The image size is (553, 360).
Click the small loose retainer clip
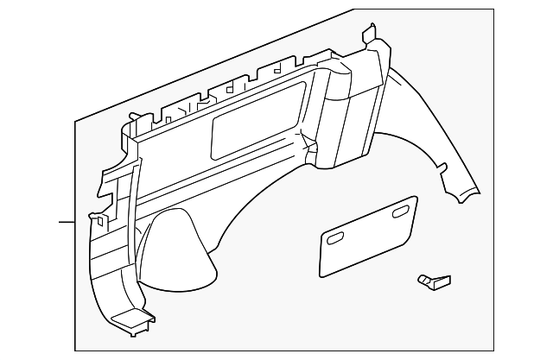(x=432, y=280)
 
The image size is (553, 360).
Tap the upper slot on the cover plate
(x=402, y=213)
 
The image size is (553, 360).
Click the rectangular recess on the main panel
(x=260, y=117)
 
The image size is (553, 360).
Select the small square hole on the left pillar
(x=101, y=222)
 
